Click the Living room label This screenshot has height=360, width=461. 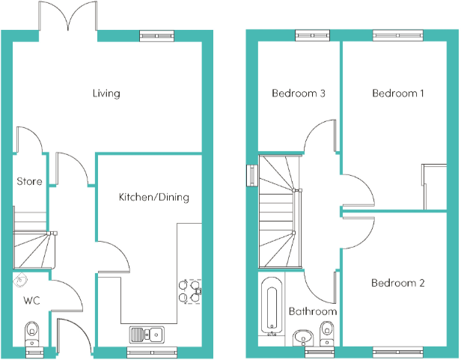pyautogui.click(x=106, y=94)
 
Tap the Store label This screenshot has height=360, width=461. pyautogui.click(x=29, y=181)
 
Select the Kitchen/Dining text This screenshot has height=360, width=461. pyautogui.click(x=153, y=197)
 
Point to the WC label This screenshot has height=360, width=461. pyautogui.click(x=31, y=300)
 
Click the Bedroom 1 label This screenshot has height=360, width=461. pyautogui.click(x=398, y=94)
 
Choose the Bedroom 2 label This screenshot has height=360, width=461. pyautogui.click(x=398, y=283)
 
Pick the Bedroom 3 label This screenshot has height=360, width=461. pyautogui.click(x=299, y=94)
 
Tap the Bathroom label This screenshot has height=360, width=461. pyautogui.click(x=313, y=311)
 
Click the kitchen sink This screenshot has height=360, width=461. pyautogui.click(x=147, y=335)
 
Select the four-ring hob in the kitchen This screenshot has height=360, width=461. pyautogui.click(x=190, y=291)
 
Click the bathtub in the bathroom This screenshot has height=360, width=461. pyautogui.click(x=272, y=306)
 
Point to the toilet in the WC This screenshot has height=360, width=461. pyautogui.click(x=31, y=334)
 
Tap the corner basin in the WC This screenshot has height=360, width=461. pyautogui.click(x=20, y=280)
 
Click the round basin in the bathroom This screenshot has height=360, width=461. pyautogui.click(x=303, y=338)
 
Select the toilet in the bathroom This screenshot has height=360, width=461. pyautogui.click(x=326, y=334)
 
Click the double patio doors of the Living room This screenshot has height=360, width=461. pyautogui.click(x=68, y=16)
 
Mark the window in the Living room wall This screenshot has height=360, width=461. pyautogui.click(x=156, y=36)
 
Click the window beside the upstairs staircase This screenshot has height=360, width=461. pyautogui.click(x=252, y=176)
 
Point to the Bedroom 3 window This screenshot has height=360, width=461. pyautogui.click(x=313, y=36)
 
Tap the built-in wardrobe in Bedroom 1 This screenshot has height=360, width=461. pyautogui.click(x=435, y=187)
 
